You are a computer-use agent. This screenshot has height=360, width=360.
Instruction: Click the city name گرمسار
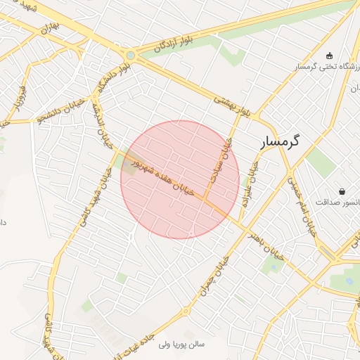tap(280, 141)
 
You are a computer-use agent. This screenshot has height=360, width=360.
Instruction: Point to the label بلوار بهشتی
tap(230, 105)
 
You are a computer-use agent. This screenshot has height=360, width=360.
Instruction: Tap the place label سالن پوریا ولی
tap(181, 345)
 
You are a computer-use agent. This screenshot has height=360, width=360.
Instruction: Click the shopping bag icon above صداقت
tap(342, 191)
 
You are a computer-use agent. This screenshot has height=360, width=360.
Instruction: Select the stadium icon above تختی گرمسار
tap(329, 56)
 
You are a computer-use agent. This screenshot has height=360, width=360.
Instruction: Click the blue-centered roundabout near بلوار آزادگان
tap(130, 54)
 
